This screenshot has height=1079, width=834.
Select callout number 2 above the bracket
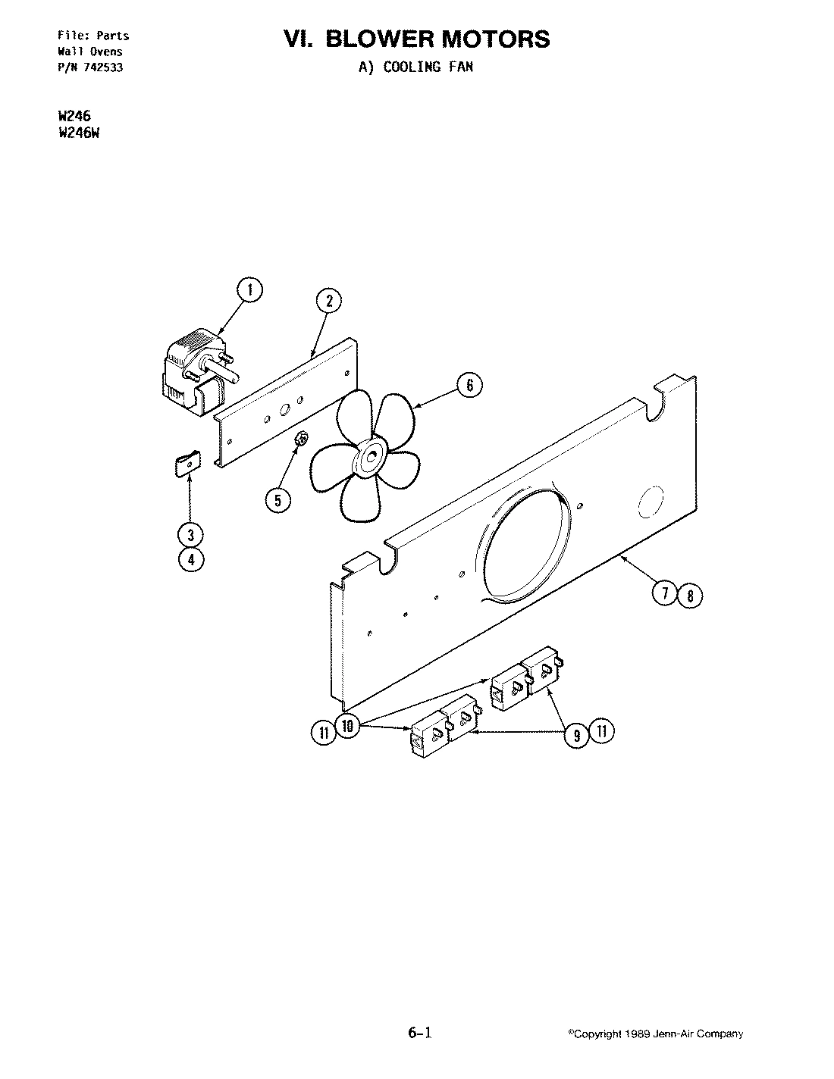[329, 301]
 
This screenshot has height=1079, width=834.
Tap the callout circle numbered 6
[469, 386]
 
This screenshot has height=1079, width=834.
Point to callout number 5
[277, 499]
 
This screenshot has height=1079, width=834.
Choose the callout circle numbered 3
[191, 534]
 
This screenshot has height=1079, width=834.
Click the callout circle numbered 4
[191, 560]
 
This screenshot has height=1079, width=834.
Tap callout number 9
[578, 733]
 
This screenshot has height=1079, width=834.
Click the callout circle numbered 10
[348, 726]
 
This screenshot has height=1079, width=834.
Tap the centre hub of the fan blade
[372, 456]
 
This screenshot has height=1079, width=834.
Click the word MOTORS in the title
[497, 39]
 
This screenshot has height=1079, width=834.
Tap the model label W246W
[79, 129]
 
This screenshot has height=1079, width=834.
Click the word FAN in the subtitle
[459, 67]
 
